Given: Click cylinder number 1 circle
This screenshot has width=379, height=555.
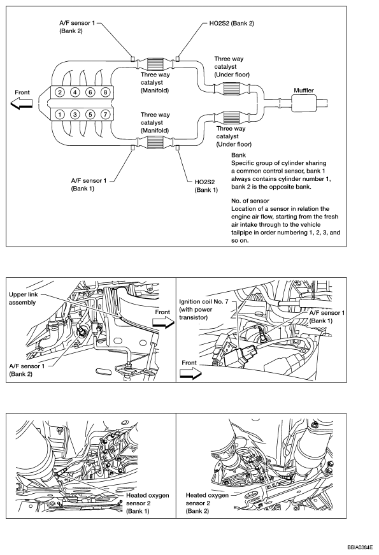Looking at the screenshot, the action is [x=60, y=114].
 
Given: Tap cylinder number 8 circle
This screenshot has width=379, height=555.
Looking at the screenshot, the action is [x=105, y=92].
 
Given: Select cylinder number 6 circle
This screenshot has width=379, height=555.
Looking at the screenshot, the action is [x=90, y=92].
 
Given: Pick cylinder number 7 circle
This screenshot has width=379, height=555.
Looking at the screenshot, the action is [x=105, y=114].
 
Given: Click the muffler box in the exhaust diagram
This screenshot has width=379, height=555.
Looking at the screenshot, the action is [x=304, y=103].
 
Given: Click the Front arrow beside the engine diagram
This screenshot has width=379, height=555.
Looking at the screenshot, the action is [x=22, y=104].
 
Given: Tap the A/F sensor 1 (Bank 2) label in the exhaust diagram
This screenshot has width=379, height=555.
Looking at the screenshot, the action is [x=77, y=27].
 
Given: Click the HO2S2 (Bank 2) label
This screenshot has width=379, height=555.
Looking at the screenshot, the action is [x=231, y=24].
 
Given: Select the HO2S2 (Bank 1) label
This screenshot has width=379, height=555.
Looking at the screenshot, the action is [x=206, y=186].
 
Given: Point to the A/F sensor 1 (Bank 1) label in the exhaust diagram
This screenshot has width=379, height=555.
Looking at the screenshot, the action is [x=89, y=184].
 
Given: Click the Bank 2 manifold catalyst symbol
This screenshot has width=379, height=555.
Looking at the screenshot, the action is [x=155, y=64].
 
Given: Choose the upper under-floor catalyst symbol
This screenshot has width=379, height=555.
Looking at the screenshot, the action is [x=232, y=89].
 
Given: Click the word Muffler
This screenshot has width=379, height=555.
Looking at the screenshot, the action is [x=304, y=90].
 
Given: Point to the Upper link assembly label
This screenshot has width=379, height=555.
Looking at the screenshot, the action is [x=23, y=298].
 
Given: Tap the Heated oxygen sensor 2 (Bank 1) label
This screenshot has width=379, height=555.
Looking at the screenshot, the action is [x=147, y=503].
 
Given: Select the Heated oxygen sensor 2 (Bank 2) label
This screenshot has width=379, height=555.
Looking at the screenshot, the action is [x=207, y=503].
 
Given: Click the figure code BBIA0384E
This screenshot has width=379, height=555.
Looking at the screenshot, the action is [x=359, y=547].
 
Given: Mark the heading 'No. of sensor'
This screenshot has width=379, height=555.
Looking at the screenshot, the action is [x=250, y=201].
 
